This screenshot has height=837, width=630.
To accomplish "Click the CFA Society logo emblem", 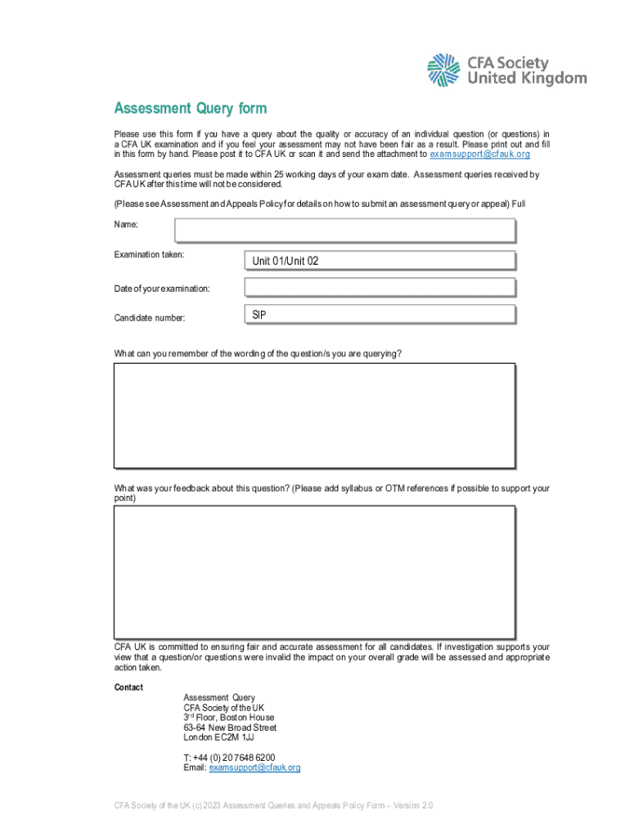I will pyautogui.click(x=444, y=70).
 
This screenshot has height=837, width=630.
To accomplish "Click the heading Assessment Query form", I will pyautogui.click(x=190, y=109).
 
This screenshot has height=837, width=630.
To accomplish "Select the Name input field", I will pyautogui.click(x=344, y=231).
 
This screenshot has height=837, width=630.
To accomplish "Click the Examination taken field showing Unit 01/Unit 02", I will pyautogui.click(x=380, y=261).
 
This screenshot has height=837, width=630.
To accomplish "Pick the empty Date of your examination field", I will pyautogui.click(x=380, y=288).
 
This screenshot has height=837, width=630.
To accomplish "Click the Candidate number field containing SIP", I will pyautogui.click(x=380, y=315).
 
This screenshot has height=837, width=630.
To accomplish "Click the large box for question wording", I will pyautogui.click(x=314, y=415).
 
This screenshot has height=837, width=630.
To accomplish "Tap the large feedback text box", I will pyautogui.click(x=314, y=571).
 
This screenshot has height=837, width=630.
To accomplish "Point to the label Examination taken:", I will pyautogui.click(x=149, y=255).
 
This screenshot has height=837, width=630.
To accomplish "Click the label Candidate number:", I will pyautogui.click(x=150, y=316).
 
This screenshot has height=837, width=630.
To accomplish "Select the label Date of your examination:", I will pyautogui.click(x=162, y=289).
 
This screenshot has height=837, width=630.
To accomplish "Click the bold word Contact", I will pyautogui.click(x=128, y=687).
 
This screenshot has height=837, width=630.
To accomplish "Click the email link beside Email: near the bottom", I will pyautogui.click(x=254, y=768).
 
